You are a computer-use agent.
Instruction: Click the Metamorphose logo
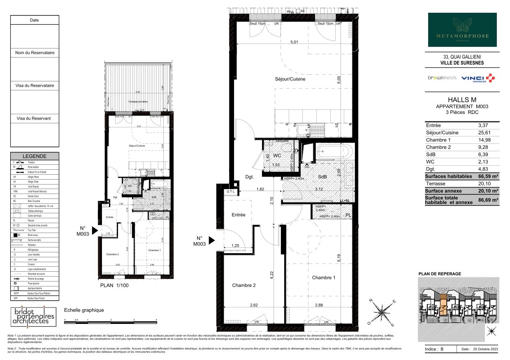tap(462, 30)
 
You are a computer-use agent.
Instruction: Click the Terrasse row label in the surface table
tap(436, 184)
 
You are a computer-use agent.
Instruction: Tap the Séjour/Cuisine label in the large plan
tap(290, 79)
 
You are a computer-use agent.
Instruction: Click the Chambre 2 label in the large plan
tap(244, 285)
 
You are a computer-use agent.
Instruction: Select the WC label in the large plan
tap(277, 156)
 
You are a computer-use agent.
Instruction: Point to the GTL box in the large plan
tap(231, 192)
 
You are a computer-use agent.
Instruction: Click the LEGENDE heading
tap(35, 156)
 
